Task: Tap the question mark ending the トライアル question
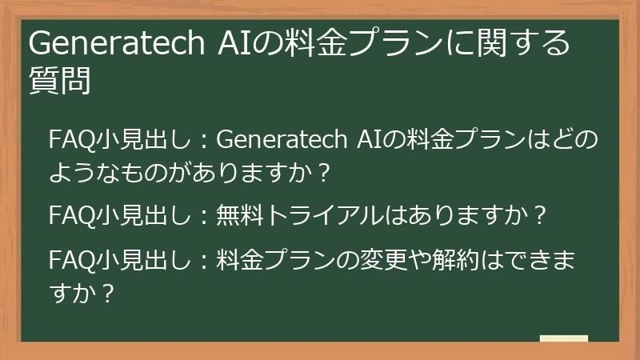(541, 216)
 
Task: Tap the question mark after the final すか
(105, 293)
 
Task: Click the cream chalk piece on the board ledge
(564, 338)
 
